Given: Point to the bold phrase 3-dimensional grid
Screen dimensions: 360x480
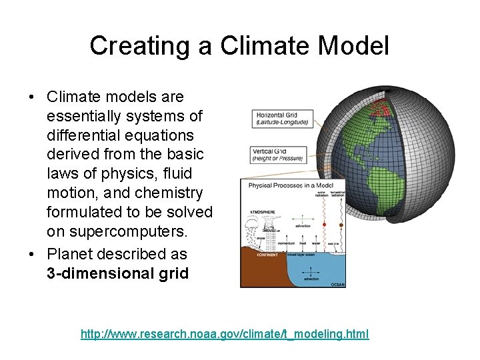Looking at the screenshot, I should pos(117,273).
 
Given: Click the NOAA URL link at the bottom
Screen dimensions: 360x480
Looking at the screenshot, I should pos(225,333).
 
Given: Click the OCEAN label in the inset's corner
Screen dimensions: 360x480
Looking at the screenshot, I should pos(337,283).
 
